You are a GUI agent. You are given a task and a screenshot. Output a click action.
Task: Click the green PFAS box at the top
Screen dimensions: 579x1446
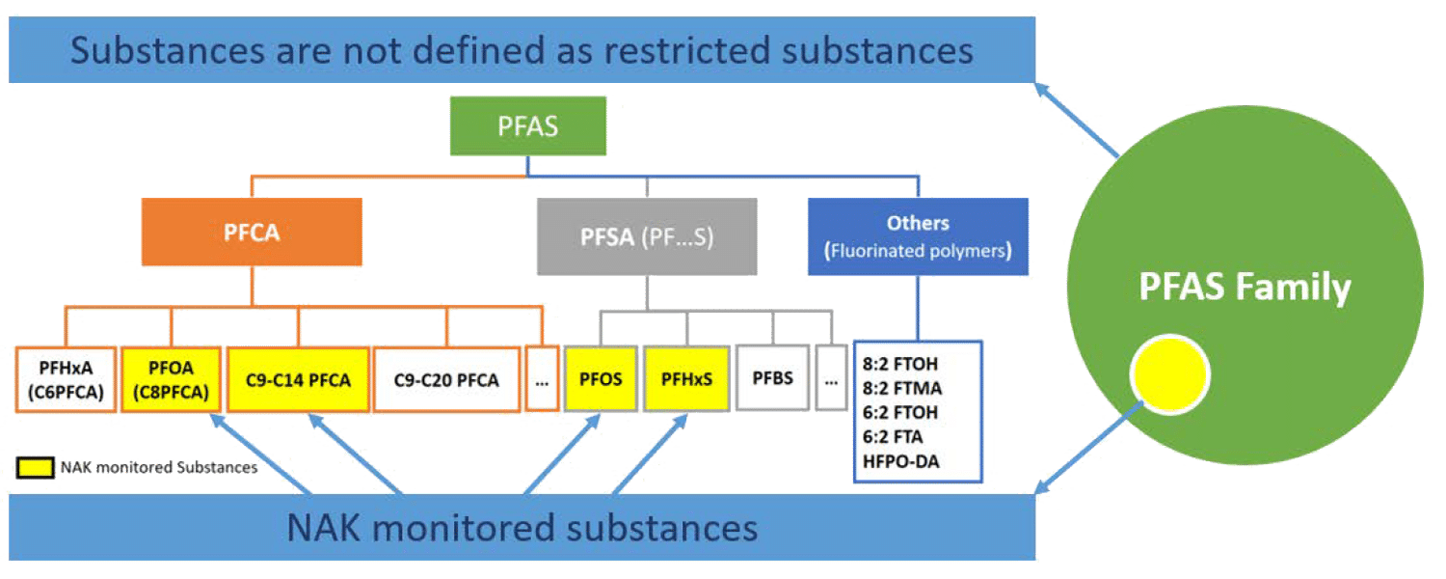[x=528, y=126]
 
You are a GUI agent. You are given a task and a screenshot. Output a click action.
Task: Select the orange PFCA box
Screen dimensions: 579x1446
[x=252, y=232]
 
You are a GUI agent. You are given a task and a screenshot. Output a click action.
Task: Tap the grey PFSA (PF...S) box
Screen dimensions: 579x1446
[x=647, y=236]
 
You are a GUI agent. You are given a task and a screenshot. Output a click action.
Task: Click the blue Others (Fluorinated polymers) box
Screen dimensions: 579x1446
[x=918, y=237]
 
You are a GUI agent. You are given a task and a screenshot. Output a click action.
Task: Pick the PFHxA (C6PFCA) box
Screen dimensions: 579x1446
[x=66, y=379]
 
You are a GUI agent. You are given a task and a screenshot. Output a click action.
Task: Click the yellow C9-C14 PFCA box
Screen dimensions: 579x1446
[x=298, y=379]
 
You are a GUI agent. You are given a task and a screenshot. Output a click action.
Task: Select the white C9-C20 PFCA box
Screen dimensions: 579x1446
[x=446, y=379]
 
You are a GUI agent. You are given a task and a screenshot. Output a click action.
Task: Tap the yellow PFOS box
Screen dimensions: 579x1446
[x=600, y=378]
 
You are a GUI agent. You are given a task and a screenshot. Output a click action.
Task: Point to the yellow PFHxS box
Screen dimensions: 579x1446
[x=686, y=378]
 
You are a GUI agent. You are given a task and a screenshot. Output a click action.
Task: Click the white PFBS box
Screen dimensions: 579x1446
[x=772, y=377]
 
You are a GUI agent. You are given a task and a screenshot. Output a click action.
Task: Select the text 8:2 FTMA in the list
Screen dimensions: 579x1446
[x=901, y=388]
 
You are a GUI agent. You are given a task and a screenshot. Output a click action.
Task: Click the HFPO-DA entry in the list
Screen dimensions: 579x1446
[x=901, y=461]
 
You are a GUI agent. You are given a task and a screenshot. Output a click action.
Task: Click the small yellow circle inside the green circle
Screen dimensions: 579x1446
[x=1169, y=374]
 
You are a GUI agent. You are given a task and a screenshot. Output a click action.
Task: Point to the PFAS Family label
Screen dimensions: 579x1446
[x=1245, y=288]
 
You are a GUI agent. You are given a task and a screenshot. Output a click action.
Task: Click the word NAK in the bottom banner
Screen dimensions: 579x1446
[x=324, y=528]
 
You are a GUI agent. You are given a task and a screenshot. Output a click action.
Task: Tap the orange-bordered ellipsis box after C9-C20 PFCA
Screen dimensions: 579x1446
[x=542, y=379]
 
